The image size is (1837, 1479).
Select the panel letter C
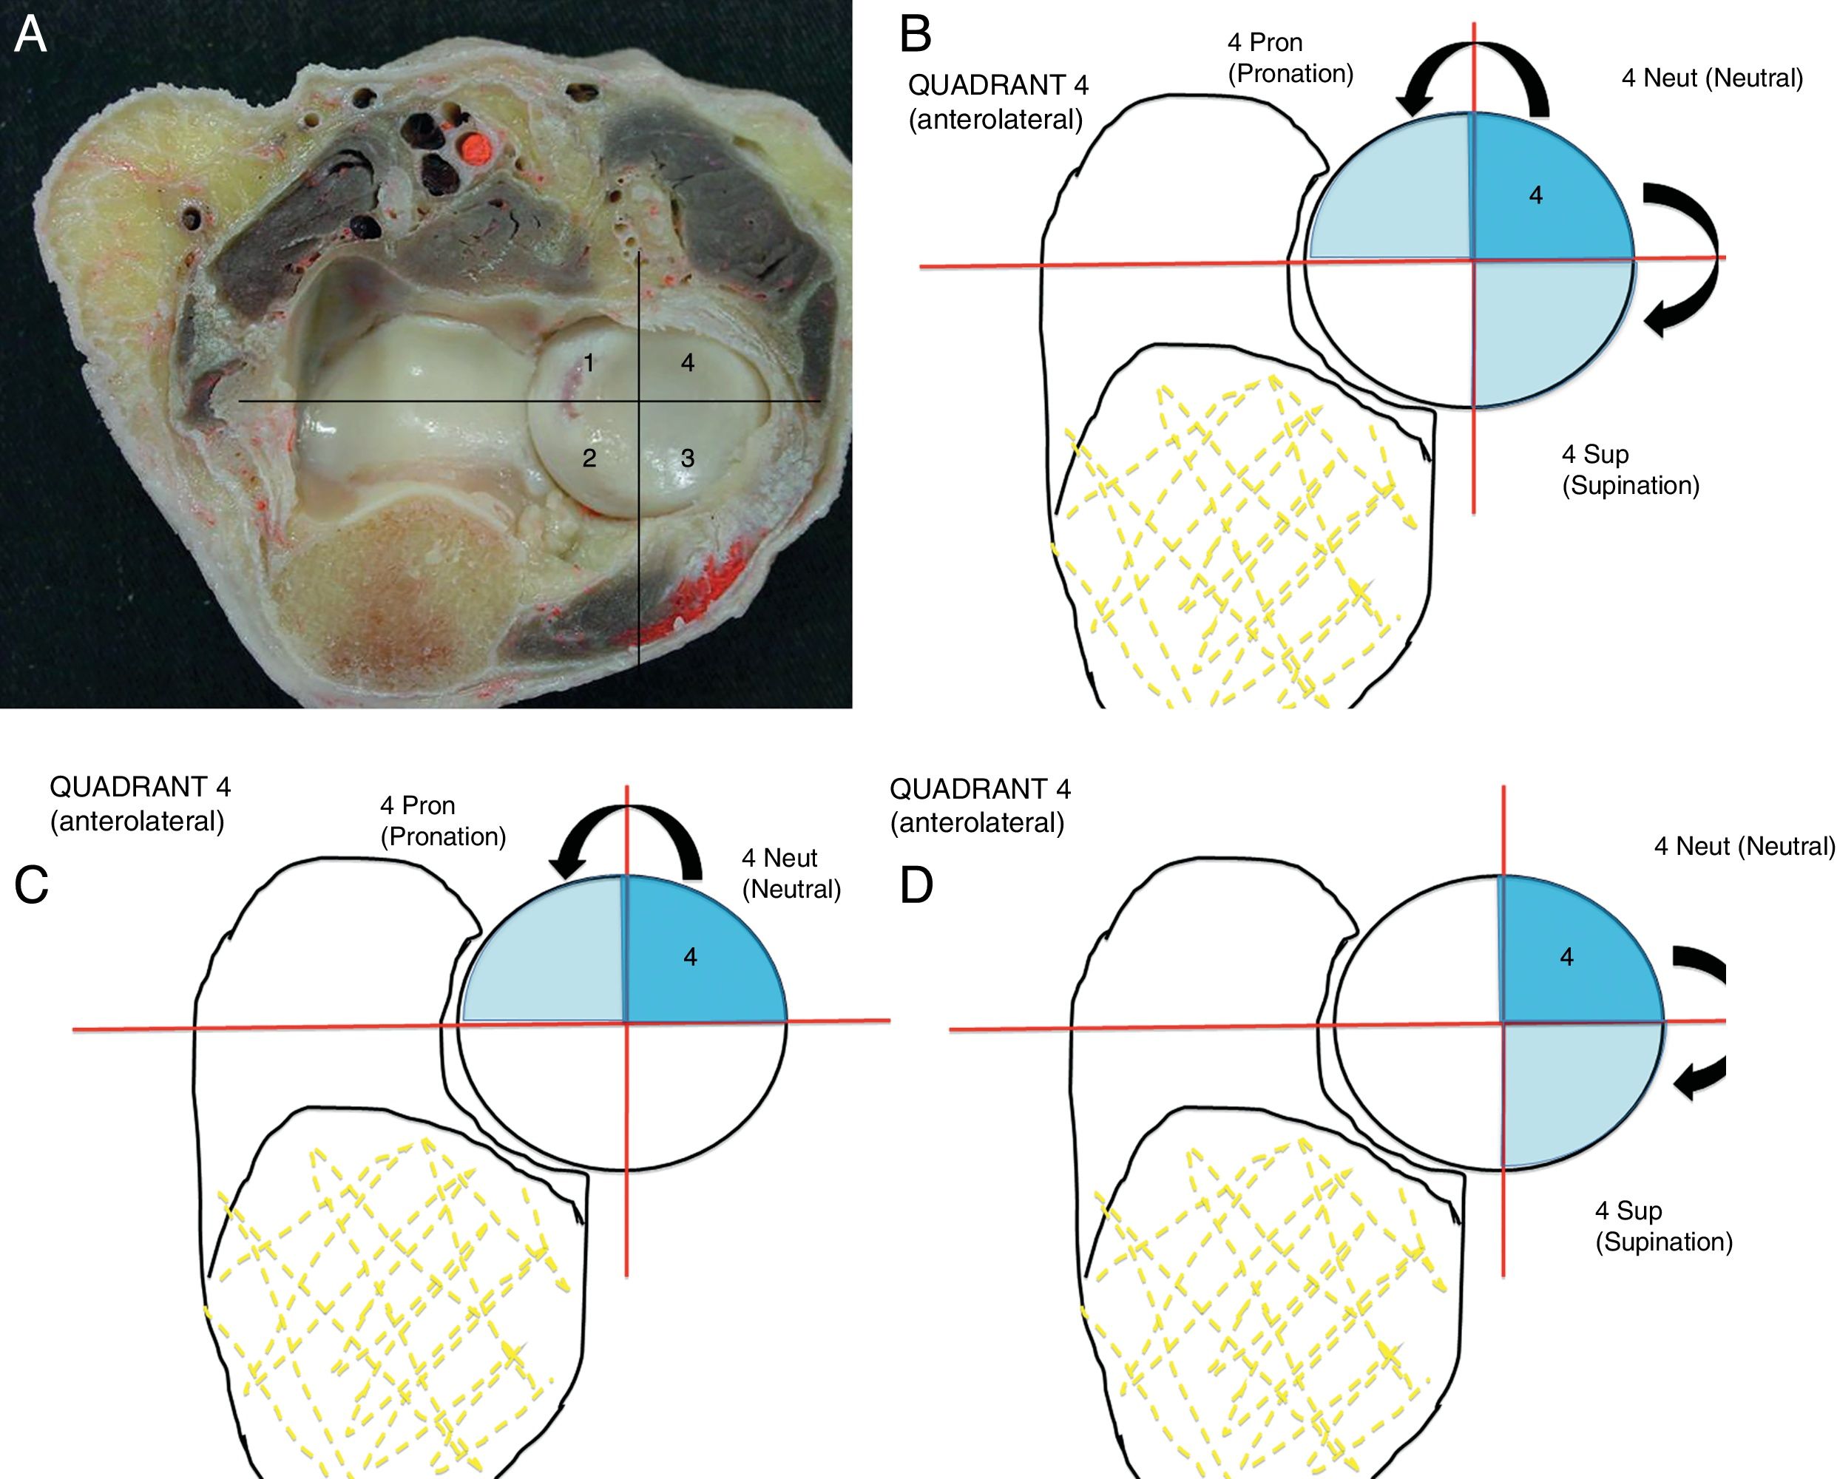(32, 885)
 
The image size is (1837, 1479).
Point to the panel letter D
(917, 885)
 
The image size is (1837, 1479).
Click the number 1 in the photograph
(589, 364)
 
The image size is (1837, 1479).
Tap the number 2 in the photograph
(589, 458)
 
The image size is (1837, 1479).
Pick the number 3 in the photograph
(688, 458)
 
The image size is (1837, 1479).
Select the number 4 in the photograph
(688, 364)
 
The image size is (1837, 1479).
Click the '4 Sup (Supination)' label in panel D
(1663, 1226)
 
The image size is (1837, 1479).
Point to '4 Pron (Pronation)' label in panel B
(1290, 58)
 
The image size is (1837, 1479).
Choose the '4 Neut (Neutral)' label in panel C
(791, 873)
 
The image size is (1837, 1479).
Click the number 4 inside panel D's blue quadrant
(1566, 958)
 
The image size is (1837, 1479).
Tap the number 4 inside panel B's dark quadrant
(1535, 196)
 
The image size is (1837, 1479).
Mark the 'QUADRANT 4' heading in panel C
(141, 786)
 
